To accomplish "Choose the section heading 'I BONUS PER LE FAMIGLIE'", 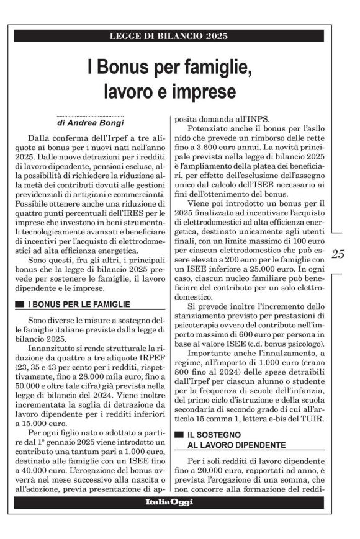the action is coord(79,304).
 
